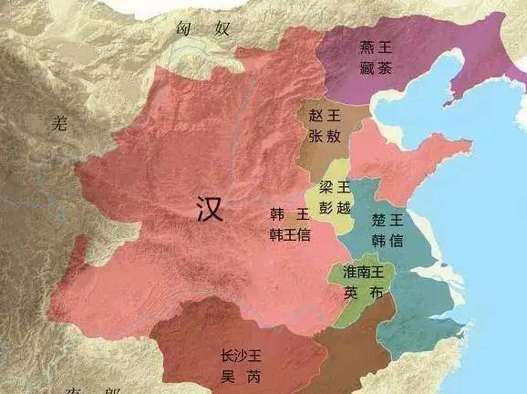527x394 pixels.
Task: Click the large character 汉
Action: click(x=210, y=210)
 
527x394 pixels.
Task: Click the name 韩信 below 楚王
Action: click(x=387, y=240)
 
